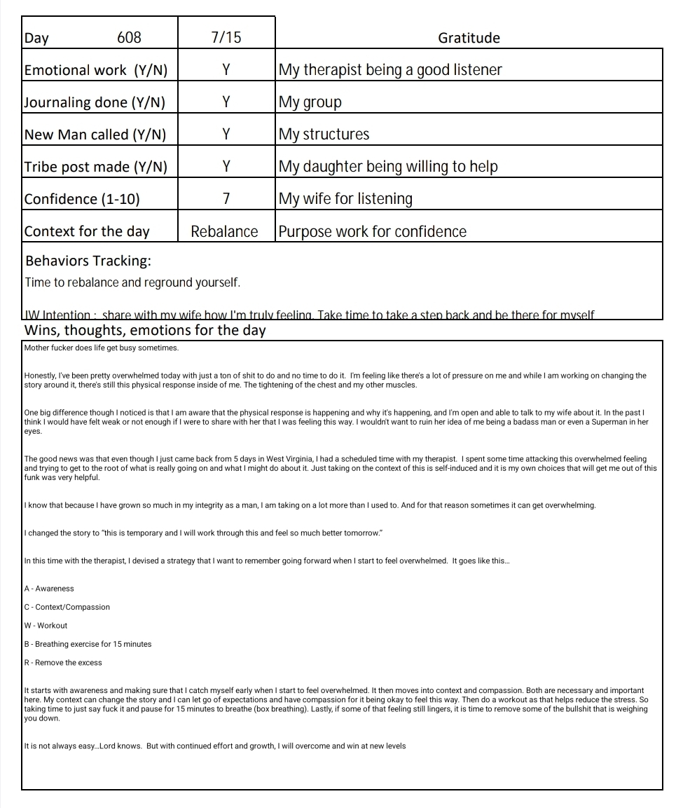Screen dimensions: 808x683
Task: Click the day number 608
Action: click(x=129, y=38)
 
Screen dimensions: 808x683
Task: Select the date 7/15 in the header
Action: click(x=226, y=38)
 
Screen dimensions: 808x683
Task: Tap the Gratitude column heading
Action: click(x=469, y=38)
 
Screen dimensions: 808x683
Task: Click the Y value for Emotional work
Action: click(x=226, y=70)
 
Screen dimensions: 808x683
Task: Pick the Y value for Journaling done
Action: click(x=226, y=102)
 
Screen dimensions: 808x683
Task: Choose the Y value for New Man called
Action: click(x=226, y=135)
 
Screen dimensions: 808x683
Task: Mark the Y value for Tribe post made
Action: click(x=226, y=167)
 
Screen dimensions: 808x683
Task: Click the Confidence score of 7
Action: click(x=226, y=199)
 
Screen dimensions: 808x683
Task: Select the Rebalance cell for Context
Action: click(x=224, y=231)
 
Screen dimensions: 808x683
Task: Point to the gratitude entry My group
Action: click(x=310, y=102)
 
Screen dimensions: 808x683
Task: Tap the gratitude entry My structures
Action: click(x=324, y=135)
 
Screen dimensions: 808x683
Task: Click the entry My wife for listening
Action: click(x=345, y=199)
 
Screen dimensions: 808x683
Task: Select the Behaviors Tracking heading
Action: click(x=88, y=261)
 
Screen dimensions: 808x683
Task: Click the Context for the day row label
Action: click(x=87, y=231)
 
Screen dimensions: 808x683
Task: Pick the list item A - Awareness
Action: click(x=49, y=589)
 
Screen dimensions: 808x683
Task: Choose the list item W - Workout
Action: click(x=46, y=626)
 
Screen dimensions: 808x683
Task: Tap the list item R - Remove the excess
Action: click(x=63, y=663)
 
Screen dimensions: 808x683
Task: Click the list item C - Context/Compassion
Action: click(x=67, y=607)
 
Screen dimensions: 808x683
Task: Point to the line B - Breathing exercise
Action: click(x=88, y=644)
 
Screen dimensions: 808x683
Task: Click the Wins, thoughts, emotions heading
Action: click(x=145, y=331)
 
